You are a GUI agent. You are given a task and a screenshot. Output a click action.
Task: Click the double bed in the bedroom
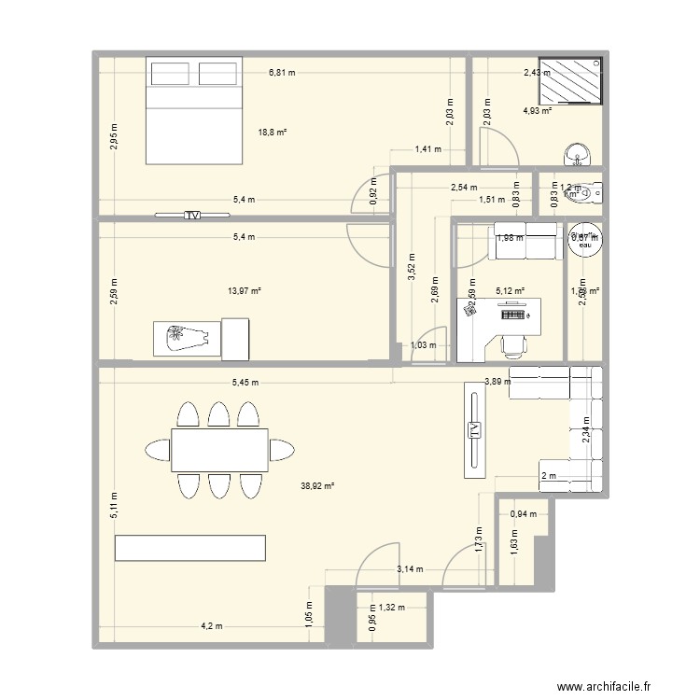tap(195, 110)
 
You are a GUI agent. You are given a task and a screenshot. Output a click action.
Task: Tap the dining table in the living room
tap(219, 450)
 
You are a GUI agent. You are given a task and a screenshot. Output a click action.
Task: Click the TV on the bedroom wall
tap(192, 215)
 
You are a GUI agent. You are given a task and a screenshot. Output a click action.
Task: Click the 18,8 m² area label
tap(272, 133)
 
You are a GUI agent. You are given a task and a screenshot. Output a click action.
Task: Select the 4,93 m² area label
tap(538, 111)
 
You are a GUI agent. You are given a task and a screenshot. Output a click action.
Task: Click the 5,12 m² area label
tap(510, 291)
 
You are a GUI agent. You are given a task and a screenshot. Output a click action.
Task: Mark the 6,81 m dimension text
tap(282, 72)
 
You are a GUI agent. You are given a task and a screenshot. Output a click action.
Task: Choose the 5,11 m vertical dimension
tap(113, 508)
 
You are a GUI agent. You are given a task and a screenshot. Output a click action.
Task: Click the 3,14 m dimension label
tap(410, 568)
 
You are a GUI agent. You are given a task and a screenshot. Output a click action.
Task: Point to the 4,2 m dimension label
tap(211, 625)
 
